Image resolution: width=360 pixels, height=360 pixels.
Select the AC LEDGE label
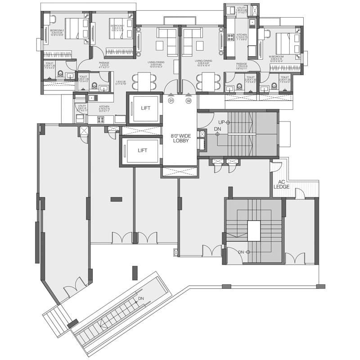[x=286, y=184]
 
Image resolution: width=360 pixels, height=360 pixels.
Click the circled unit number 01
[x=171, y=101]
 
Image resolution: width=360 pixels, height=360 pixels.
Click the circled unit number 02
[x=189, y=101]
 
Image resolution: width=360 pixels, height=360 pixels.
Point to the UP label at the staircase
[x=221, y=122]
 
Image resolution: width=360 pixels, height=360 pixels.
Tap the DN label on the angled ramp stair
[x=141, y=298]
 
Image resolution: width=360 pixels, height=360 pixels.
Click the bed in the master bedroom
[x=284, y=44]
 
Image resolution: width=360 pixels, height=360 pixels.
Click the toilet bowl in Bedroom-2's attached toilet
[x=60, y=73]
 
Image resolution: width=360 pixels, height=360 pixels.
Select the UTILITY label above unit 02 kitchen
[x=242, y=7]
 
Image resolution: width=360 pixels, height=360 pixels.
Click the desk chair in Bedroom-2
[x=52, y=19]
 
